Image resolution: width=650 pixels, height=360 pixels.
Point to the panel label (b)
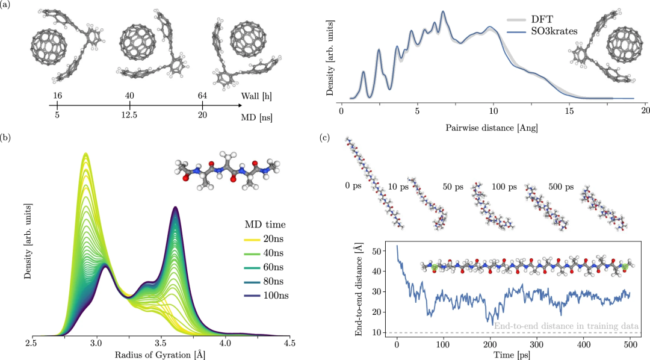pyautogui.click(x=6, y=138)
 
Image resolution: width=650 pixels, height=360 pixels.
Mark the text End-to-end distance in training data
pyautogui.click(x=566, y=326)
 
